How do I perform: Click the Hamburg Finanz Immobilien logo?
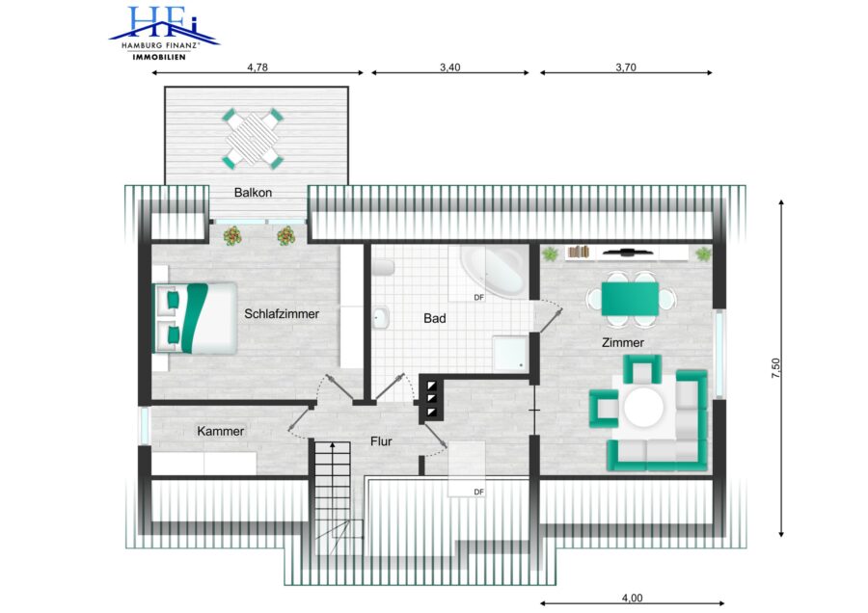point(164,33)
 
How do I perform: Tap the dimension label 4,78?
point(258,67)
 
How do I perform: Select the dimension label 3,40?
point(450,67)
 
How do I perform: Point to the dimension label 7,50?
point(775,368)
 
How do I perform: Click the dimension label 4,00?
point(632,599)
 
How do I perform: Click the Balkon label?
point(253,193)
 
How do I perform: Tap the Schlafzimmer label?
point(282,313)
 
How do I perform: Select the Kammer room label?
point(220,431)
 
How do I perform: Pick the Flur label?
point(381,441)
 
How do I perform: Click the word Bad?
point(435,319)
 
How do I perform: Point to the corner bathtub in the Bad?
point(493,270)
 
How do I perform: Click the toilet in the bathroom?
point(383,268)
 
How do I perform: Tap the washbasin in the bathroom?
point(381,317)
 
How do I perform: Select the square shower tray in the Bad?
point(510,353)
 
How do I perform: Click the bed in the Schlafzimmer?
point(195,318)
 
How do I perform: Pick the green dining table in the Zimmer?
point(630,299)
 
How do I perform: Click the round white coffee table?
point(643,408)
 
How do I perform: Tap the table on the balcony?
point(253,139)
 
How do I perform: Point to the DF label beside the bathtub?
point(478,298)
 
